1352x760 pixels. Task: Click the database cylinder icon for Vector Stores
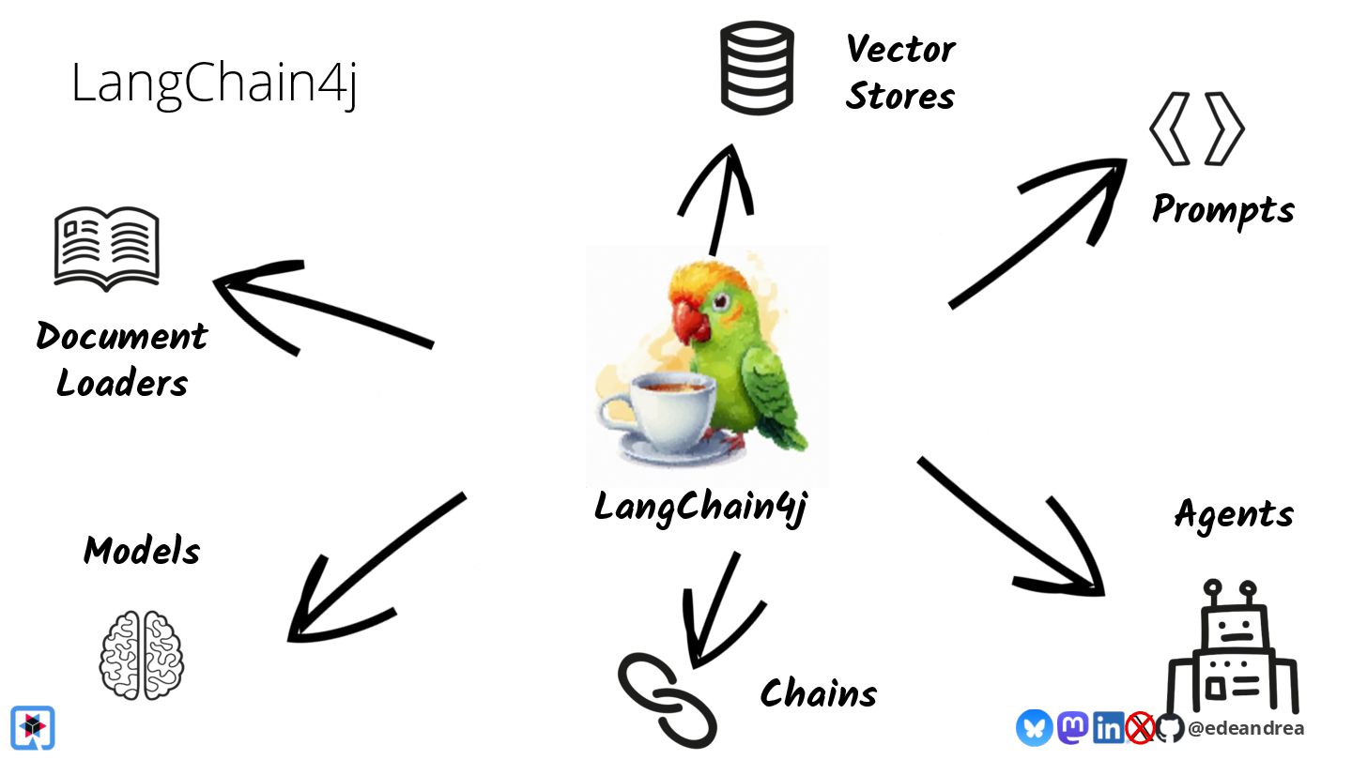756,68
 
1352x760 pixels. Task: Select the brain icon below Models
142,654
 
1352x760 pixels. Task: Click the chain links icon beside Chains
668,699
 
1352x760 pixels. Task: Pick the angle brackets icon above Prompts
1196,129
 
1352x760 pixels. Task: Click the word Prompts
1222,209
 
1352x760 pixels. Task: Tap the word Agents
1234,514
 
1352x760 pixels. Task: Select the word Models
142,551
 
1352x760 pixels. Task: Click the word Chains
818,694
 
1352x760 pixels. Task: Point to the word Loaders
122,383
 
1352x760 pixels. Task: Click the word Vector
899,49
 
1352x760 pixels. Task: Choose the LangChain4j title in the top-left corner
214,84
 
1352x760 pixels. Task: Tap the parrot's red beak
693,322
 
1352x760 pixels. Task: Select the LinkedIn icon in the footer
1108,727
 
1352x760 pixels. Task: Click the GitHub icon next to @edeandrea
1170,727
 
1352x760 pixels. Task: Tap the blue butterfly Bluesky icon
1034,727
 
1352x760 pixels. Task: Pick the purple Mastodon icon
1072,727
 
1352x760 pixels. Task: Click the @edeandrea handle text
1245,728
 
